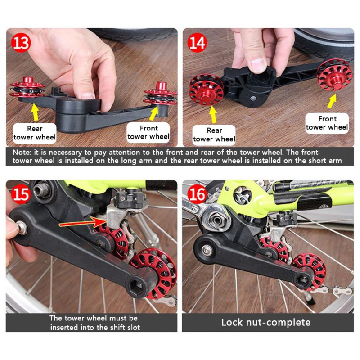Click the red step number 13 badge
tap(21, 43)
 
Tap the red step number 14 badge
tap(197, 43)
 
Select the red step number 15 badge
tap(21, 194)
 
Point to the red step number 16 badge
tap(197, 194)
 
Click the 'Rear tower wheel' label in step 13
tap(35, 133)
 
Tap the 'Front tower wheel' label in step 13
tap(148, 132)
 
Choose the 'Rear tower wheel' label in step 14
tap(214, 135)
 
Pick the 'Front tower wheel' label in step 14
tap(327, 123)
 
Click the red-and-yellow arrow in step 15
tap(82, 222)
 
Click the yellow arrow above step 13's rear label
tap(35, 112)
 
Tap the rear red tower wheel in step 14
tap(206, 89)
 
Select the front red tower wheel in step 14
tap(334, 74)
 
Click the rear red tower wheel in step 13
tap(27, 88)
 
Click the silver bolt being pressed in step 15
tap(22, 227)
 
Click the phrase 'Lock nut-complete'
tap(265, 322)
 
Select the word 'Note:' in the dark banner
tap(22, 153)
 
